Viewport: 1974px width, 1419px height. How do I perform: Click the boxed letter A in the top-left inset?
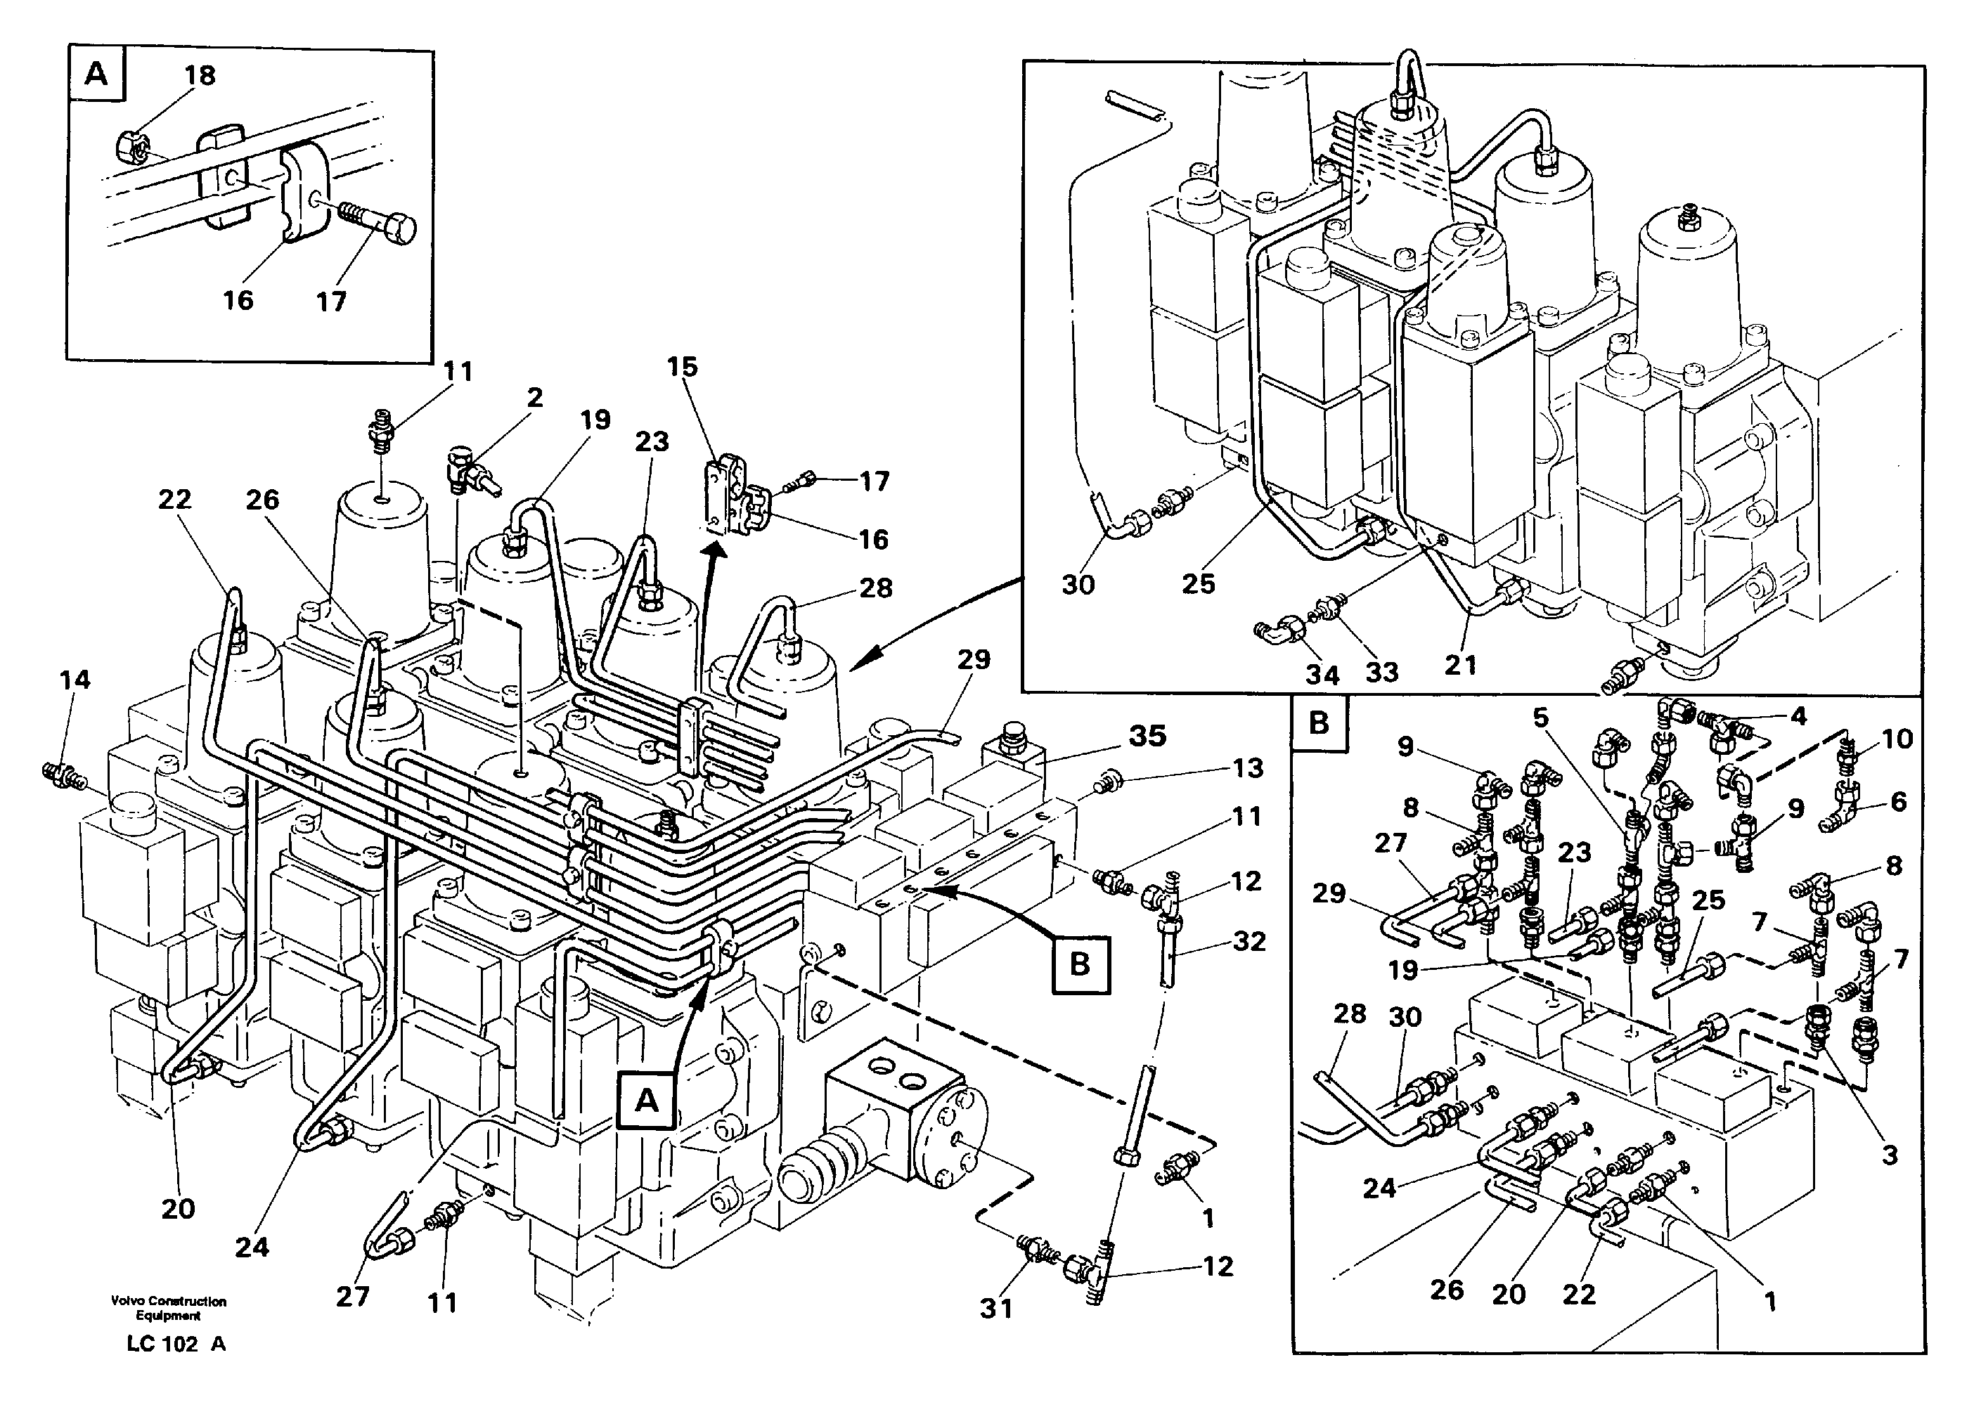tap(96, 73)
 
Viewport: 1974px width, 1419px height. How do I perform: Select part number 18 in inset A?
tap(200, 76)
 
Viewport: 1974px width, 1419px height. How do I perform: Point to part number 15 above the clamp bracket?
tap(683, 367)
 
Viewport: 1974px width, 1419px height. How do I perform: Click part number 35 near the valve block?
tap(1147, 736)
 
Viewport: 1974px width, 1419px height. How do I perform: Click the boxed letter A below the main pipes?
tap(646, 1101)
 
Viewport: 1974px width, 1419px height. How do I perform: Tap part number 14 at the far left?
tap(75, 680)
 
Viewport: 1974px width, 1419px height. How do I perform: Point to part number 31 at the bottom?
tap(997, 1308)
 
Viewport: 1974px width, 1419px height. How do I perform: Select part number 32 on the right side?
tap(1249, 941)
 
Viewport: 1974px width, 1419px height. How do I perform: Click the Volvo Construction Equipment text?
tap(169, 1308)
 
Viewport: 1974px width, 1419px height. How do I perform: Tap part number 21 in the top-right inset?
tap(1461, 665)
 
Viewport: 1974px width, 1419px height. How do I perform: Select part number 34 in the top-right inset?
tap(1322, 673)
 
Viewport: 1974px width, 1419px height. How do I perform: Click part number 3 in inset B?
tap(1889, 1155)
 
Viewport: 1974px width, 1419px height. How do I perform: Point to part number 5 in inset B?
tap(1540, 718)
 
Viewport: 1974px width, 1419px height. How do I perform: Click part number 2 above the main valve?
tap(534, 398)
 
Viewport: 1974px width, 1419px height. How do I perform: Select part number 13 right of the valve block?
tap(1247, 768)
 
